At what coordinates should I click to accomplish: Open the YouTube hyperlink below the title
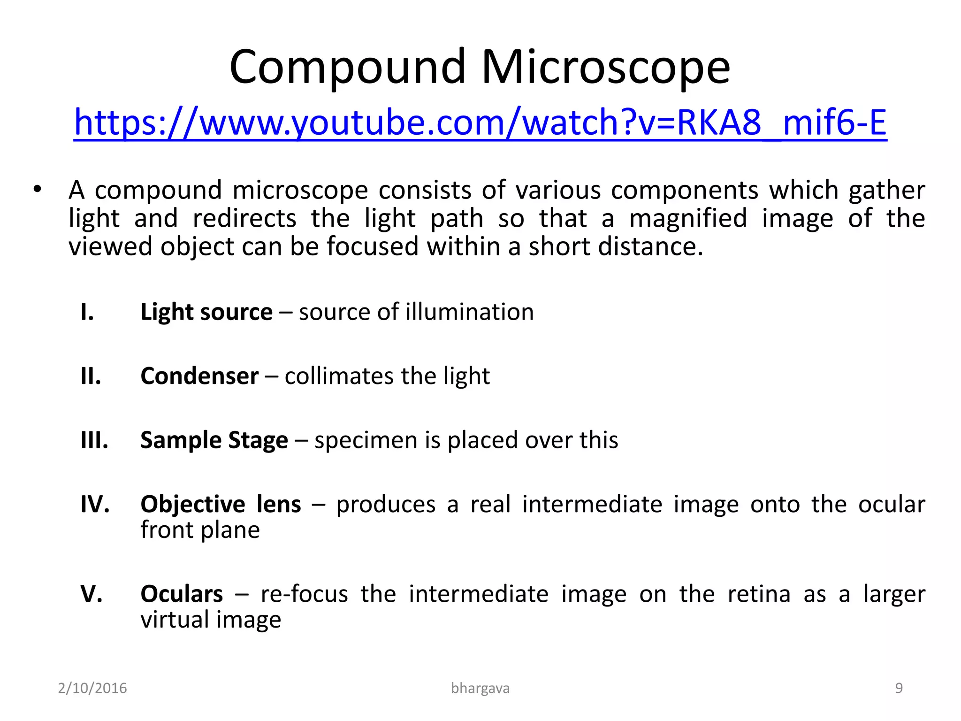[x=480, y=123]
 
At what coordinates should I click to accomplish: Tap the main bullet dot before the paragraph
[x=37, y=190]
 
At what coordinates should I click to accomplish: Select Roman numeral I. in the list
[x=87, y=312]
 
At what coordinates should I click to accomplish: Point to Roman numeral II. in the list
[x=91, y=376]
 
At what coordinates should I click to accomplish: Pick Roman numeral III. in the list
[x=94, y=440]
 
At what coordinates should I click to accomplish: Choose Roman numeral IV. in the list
[x=95, y=505]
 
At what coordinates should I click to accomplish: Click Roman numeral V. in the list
[x=92, y=594]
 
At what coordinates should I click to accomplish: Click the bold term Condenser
[x=199, y=376]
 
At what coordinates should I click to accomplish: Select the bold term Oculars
[x=182, y=594]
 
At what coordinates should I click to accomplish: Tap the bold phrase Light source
[x=206, y=312]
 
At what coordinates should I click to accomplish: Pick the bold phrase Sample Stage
[x=214, y=440]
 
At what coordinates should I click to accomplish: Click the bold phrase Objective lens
[x=221, y=505]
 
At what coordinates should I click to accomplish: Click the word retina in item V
[x=759, y=594]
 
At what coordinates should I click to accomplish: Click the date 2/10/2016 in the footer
[x=92, y=688]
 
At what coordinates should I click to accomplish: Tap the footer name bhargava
[x=480, y=688]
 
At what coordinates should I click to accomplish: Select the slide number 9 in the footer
[x=899, y=688]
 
